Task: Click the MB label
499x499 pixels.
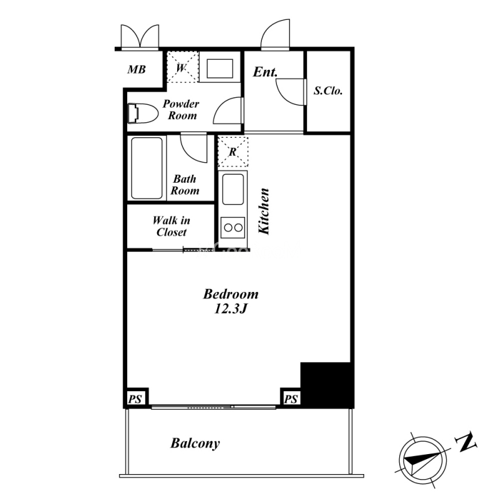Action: pyautogui.click(x=137, y=69)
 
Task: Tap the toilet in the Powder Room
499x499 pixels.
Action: pyautogui.click(x=143, y=113)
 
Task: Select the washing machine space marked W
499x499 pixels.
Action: pyautogui.click(x=183, y=67)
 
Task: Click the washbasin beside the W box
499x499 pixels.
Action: pyautogui.click(x=220, y=69)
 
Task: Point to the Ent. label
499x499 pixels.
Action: pyautogui.click(x=265, y=72)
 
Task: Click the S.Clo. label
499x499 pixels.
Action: pyautogui.click(x=328, y=90)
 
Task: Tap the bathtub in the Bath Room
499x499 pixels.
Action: pyautogui.click(x=147, y=168)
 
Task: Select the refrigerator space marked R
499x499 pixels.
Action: pyautogui.click(x=233, y=152)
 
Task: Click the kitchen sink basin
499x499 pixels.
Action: pyautogui.click(x=233, y=190)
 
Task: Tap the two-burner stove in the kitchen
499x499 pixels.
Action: pyautogui.click(x=233, y=228)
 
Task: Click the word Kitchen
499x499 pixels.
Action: pyautogui.click(x=264, y=211)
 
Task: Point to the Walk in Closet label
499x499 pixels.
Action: pyautogui.click(x=171, y=226)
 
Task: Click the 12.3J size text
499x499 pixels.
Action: pyautogui.click(x=231, y=309)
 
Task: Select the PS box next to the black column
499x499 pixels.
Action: pyautogui.click(x=291, y=398)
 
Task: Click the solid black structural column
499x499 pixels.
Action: pyautogui.click(x=327, y=385)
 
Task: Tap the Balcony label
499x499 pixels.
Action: pyautogui.click(x=195, y=443)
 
